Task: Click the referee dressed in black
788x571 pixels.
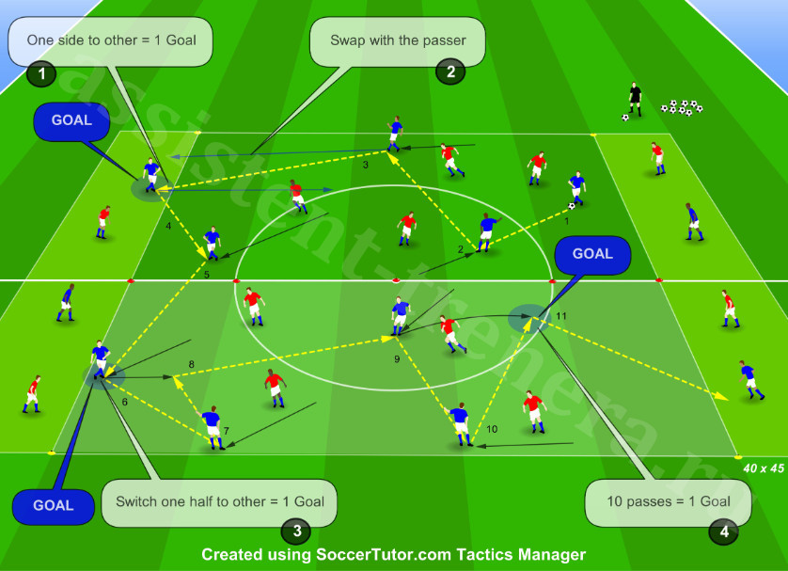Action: (x=636, y=100)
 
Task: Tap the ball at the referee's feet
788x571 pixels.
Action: (x=625, y=119)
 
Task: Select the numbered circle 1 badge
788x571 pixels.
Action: (x=41, y=74)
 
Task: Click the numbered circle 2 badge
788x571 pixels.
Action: (x=450, y=71)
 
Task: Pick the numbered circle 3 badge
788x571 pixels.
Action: (x=296, y=531)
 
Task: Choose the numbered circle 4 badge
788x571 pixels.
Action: (x=724, y=531)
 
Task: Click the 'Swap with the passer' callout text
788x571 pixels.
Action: (x=398, y=40)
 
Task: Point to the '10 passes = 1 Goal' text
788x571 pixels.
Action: (x=669, y=501)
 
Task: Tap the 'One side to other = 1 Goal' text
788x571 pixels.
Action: (x=112, y=40)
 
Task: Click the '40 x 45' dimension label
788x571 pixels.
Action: (x=764, y=468)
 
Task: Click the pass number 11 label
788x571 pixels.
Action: (x=560, y=316)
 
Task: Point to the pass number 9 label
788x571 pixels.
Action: (x=397, y=359)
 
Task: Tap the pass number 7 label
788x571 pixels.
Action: (x=226, y=431)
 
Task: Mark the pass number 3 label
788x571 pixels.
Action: (x=366, y=165)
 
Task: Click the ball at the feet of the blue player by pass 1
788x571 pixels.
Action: (x=572, y=206)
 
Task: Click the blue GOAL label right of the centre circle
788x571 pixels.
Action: (x=592, y=254)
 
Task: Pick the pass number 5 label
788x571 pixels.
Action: (x=207, y=275)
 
